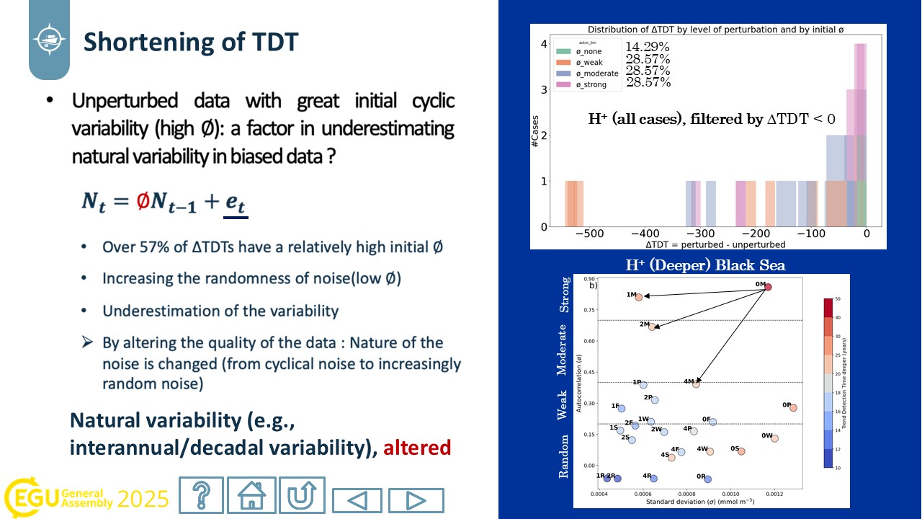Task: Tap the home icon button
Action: tap(251, 495)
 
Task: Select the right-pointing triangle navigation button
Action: tap(416, 500)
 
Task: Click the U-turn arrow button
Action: tap(302, 495)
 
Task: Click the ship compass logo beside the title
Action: tap(50, 38)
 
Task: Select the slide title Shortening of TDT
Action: tap(191, 42)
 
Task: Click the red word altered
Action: tap(417, 448)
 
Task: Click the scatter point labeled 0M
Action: tap(768, 287)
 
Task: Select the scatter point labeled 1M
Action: tap(639, 297)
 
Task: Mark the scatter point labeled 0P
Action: tap(793, 408)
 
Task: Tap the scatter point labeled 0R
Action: tap(708, 479)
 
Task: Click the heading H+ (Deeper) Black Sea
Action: tap(705, 265)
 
